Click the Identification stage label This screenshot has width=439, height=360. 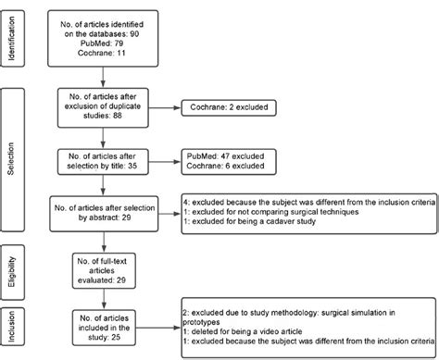12,38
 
